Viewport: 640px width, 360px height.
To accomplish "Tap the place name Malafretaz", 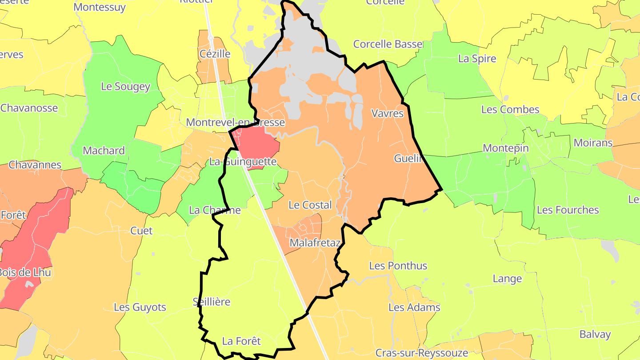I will pos(315,243).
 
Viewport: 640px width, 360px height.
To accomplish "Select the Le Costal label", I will pos(310,205).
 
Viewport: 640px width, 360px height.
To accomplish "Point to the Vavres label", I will pos(387,113).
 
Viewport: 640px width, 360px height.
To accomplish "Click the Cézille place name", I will pos(215,54).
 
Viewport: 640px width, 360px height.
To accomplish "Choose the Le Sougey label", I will pos(125,87).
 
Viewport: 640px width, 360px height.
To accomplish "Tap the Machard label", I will pos(104,151).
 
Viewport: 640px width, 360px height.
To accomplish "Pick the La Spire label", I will pos(477,59).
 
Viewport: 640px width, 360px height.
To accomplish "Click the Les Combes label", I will pos(510,109).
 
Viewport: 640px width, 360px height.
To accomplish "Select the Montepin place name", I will pos(506,148).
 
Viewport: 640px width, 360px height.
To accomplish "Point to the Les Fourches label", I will pos(568,210).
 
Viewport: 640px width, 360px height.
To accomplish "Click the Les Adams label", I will pos(414,307).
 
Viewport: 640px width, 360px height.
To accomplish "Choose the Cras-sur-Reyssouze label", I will pos(421,353).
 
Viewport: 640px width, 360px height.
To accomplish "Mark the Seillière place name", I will pos(212,302).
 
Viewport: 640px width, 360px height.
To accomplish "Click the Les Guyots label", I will pos(140,307).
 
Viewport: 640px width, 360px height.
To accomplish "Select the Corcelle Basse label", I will pos(388,44).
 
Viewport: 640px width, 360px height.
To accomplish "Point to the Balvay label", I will pos(595,334).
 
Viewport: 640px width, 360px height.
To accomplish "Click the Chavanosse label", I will pos(29,108).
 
